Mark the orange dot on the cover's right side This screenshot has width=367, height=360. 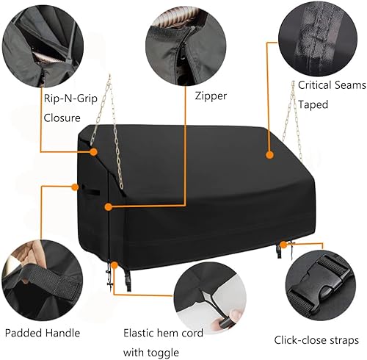[269, 156]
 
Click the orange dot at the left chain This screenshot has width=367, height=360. [94, 151]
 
